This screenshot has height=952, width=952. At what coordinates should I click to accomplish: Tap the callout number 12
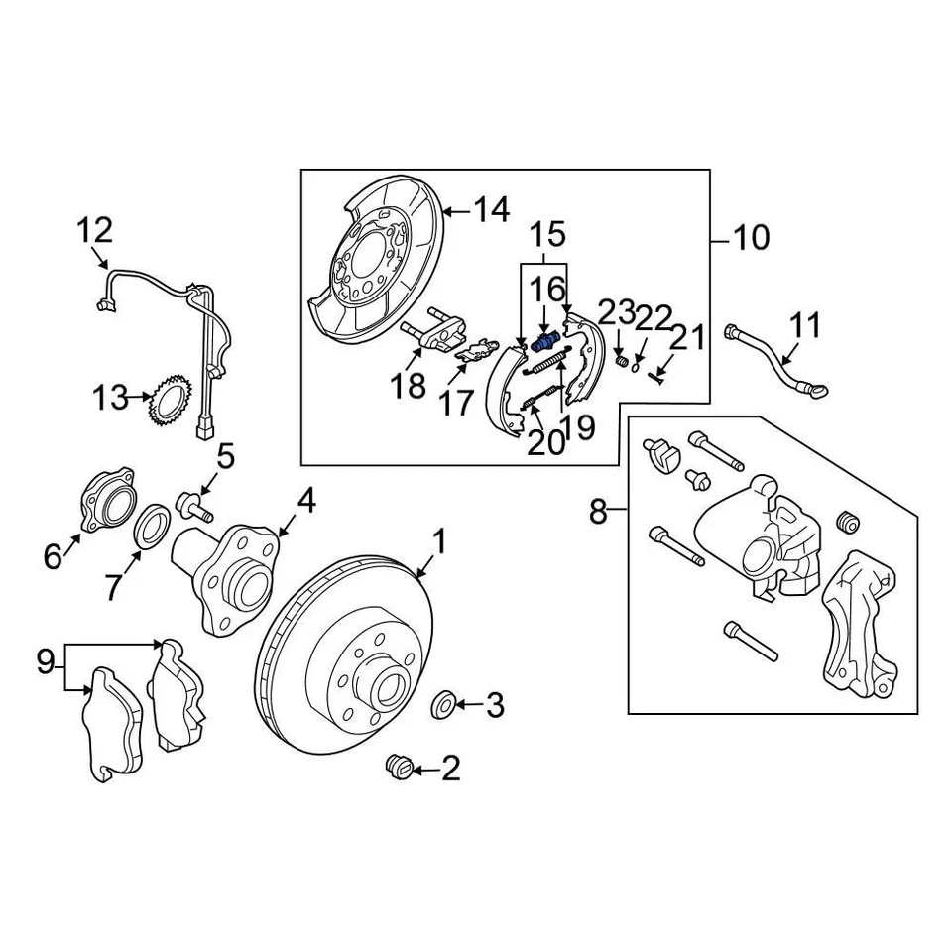point(95,231)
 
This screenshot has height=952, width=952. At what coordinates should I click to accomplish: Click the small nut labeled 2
point(399,767)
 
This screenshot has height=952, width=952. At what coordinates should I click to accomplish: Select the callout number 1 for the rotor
point(437,542)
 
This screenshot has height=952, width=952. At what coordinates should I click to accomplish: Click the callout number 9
point(46,661)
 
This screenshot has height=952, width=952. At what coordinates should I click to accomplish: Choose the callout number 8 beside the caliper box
point(598,512)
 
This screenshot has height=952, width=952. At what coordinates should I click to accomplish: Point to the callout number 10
point(751,238)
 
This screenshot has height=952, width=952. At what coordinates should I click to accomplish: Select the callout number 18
point(408,386)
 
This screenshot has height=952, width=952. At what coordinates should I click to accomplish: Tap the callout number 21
point(689,337)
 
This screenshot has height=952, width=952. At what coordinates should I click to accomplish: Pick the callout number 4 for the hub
point(306,501)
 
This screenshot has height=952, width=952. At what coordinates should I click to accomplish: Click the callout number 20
point(544,441)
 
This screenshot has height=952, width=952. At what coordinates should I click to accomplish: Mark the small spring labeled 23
point(622,360)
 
